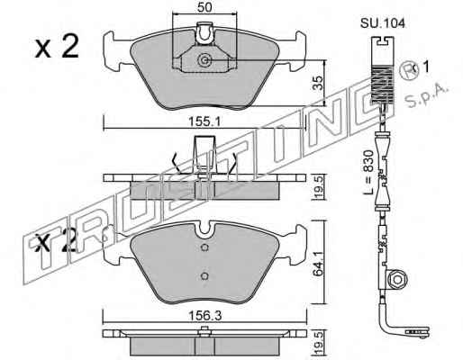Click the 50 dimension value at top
[204, 7]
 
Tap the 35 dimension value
[318, 83]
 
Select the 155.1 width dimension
[204, 122]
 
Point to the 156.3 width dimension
[204, 316]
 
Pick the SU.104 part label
[383, 23]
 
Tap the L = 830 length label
[368, 172]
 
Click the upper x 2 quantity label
[57, 47]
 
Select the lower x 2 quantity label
[56, 242]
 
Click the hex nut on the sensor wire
[397, 280]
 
